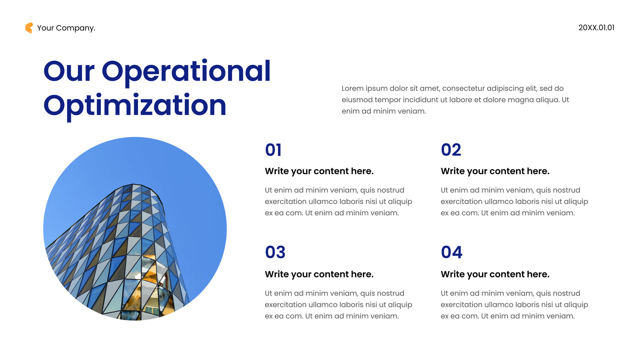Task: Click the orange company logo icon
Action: coord(29,28)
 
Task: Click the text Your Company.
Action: coord(66,28)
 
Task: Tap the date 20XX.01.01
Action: coord(596,27)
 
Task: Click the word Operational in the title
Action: coord(186,71)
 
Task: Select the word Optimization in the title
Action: coord(135,106)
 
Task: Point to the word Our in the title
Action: coord(69,71)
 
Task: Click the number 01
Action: coord(273,150)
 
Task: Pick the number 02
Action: coord(451,150)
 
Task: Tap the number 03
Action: coord(275,252)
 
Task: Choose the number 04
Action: coord(452,252)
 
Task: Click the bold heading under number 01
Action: coord(319,171)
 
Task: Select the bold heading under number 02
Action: coord(495,171)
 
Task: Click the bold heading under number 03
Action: coord(319,274)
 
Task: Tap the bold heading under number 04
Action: coord(495,274)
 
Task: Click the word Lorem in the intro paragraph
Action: coord(352,89)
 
